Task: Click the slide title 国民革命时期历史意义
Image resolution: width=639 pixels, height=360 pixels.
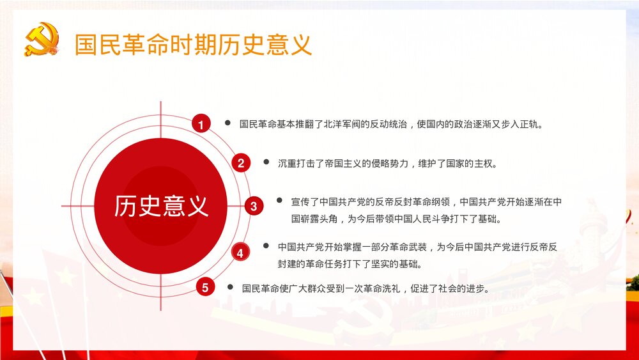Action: [x=193, y=45]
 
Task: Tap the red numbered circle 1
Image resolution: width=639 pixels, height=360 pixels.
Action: [x=201, y=125]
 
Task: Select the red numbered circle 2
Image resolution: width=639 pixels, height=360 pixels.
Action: [x=241, y=163]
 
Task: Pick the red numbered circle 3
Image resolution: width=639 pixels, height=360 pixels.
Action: [x=254, y=206]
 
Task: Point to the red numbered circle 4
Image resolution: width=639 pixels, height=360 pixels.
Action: [x=240, y=253]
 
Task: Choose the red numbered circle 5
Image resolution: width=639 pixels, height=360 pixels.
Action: [x=205, y=288]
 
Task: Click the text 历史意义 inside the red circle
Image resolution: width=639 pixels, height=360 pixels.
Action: [x=161, y=206]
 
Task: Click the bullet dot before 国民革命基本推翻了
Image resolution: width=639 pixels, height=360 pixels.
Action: [x=227, y=123]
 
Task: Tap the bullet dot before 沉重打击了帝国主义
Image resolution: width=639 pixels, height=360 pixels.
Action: [x=266, y=162]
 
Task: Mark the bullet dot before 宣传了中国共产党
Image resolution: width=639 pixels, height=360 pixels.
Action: [x=279, y=201]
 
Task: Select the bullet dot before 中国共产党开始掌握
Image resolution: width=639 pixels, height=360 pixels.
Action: [x=266, y=246]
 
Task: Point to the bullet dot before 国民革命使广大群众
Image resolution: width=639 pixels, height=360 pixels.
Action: [x=230, y=287]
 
